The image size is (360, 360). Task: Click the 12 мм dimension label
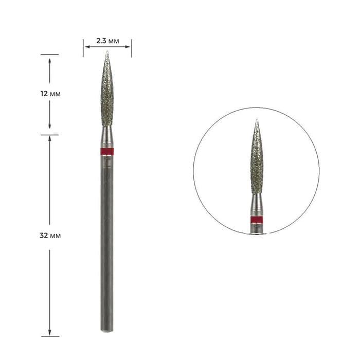tap(50, 94)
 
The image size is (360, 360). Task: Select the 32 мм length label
tap(50, 236)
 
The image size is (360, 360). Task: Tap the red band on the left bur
tap(107, 152)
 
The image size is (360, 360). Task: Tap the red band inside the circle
tap(257, 219)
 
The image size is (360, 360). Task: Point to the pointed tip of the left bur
tap(107, 51)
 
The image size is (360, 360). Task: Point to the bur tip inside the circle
tap(257, 119)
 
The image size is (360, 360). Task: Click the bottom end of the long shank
tap(107, 331)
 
